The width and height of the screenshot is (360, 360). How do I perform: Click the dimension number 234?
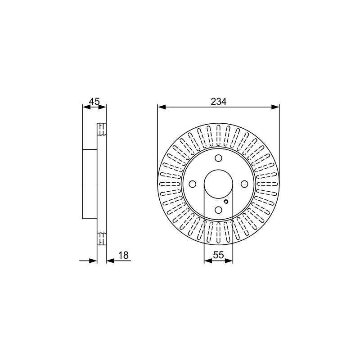[x=218, y=102]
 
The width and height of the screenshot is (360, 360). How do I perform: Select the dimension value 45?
[x=94, y=101]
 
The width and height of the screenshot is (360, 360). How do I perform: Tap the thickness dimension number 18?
[x=123, y=255]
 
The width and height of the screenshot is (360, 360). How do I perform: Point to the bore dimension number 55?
[x=218, y=255]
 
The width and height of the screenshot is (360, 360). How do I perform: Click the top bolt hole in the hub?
[x=218, y=158]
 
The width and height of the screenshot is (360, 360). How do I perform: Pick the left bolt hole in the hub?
[x=193, y=184]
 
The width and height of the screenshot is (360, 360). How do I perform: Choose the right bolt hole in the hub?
[x=244, y=184]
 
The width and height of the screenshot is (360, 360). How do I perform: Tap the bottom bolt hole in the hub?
[x=218, y=210]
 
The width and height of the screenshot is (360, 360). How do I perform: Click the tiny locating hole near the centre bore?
[x=226, y=202]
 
